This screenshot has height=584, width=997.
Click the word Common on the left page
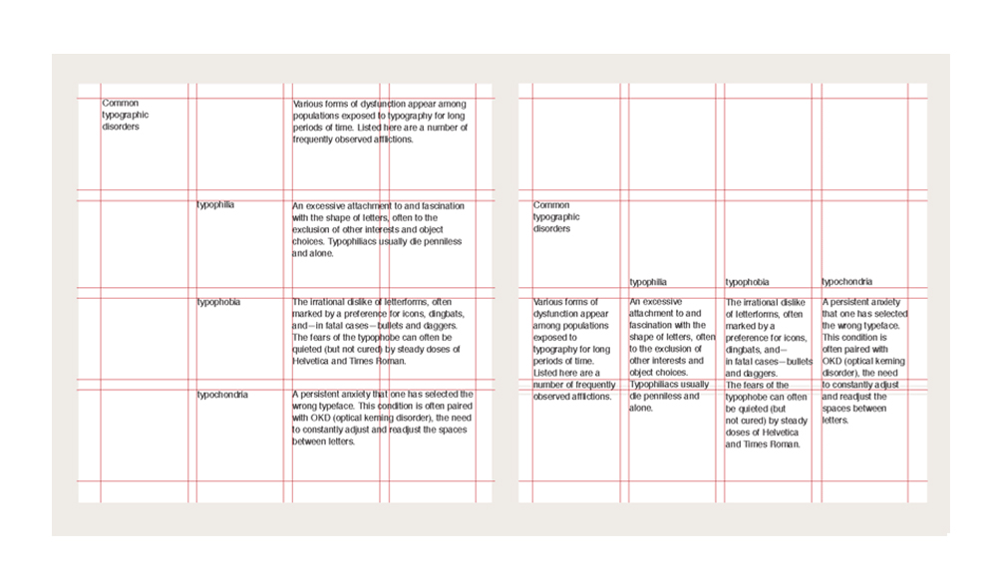coord(121,104)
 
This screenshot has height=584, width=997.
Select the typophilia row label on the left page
coord(215,205)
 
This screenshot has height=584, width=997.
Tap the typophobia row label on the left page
coord(218,302)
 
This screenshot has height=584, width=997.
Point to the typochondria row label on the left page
coord(222,395)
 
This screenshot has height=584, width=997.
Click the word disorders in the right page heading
coord(552,229)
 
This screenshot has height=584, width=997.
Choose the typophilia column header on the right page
coord(648,282)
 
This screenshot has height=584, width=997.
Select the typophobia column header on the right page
coord(747,282)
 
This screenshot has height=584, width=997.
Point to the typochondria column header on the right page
coord(847,282)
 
